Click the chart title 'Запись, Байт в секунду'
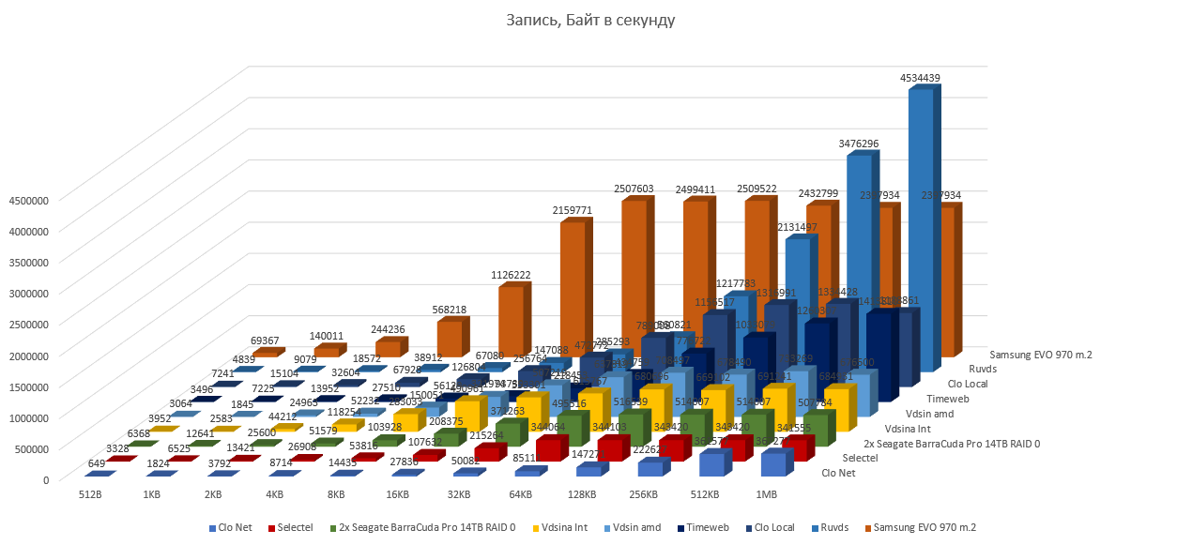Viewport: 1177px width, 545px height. point(588,20)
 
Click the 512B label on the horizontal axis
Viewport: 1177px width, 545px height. point(92,494)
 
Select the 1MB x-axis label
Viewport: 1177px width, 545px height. point(766,494)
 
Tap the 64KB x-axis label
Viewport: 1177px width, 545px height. point(521,494)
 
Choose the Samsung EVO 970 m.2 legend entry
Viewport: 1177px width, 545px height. point(918,528)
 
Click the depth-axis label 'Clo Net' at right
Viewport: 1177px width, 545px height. point(839,472)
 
